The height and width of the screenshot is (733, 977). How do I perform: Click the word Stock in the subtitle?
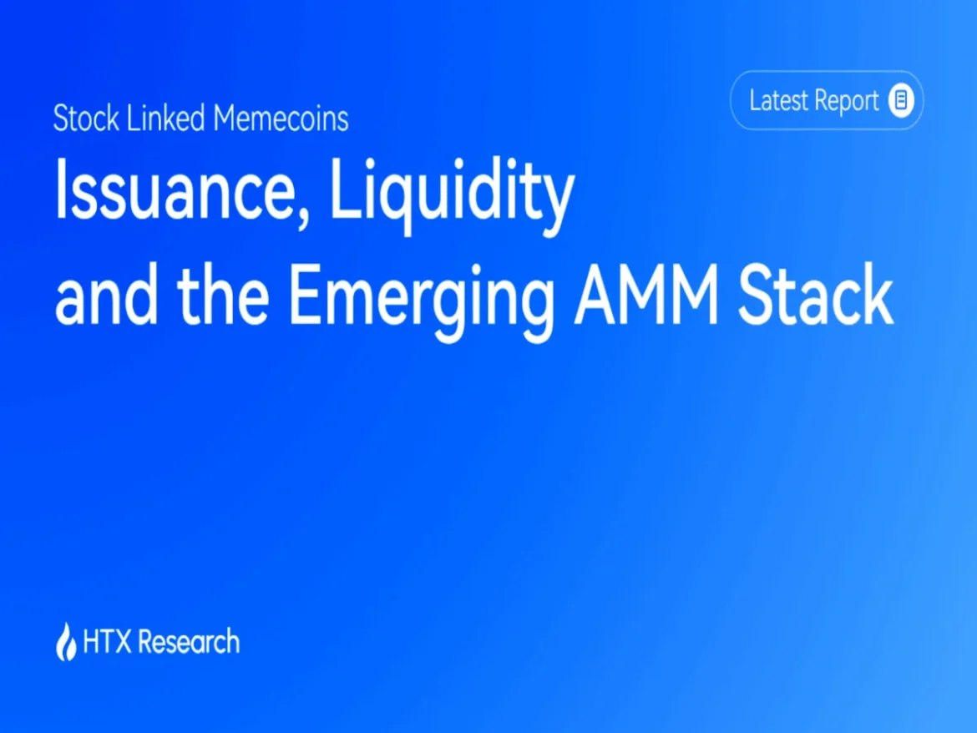pos(86,118)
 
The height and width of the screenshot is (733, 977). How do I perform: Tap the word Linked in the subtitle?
pos(165,118)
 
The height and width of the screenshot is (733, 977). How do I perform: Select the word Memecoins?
pos(281,118)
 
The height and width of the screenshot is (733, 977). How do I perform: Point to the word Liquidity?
pos(452,195)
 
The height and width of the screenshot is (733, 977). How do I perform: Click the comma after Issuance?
pos(302,213)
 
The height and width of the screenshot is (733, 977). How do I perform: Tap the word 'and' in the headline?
pos(107,295)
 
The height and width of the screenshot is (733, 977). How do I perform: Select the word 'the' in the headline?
pos(223,295)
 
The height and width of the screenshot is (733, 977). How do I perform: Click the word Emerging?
pos(422,301)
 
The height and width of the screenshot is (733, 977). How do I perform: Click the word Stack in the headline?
pos(815,295)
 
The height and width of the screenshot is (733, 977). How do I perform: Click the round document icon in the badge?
pos(901,99)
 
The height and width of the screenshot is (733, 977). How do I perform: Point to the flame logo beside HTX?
pos(66,641)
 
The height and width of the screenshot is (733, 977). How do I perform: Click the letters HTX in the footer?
pos(107,641)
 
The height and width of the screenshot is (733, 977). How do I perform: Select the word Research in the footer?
pos(188,641)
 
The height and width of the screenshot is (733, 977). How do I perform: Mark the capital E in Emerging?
pos(307,296)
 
